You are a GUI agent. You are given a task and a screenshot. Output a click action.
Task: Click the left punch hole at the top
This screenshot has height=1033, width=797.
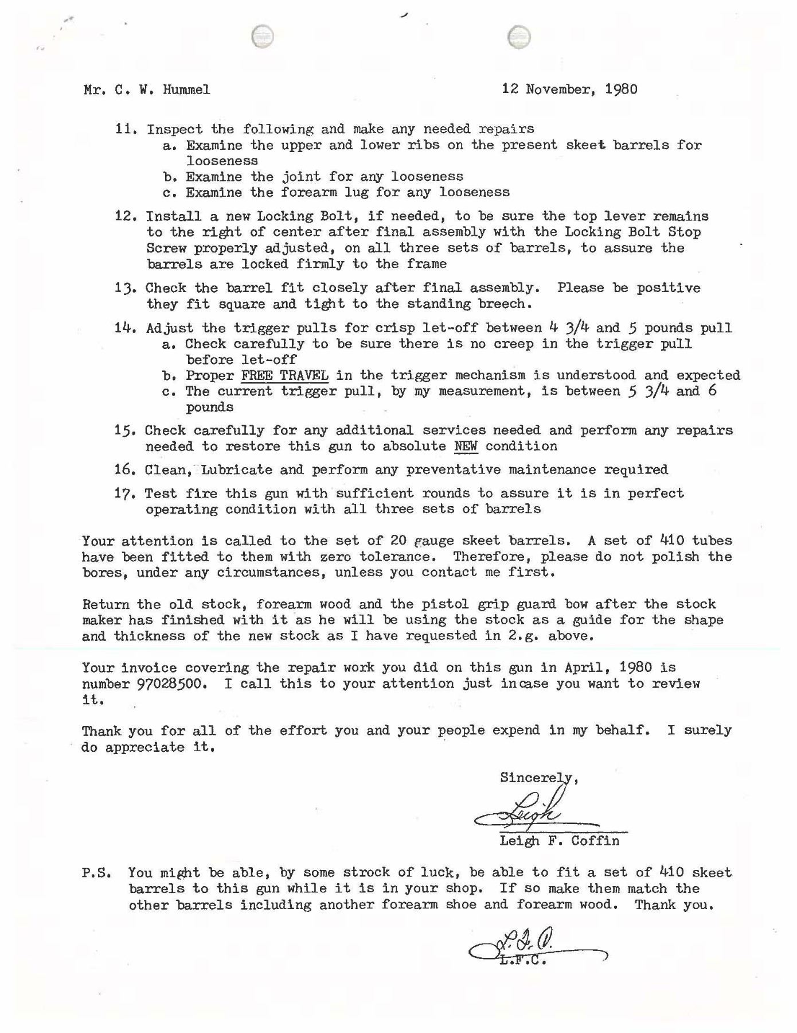coord(263,37)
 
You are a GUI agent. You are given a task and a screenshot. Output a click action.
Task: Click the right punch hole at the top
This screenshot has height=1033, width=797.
coord(519,37)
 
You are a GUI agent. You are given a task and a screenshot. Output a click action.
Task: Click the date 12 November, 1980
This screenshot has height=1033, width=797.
coord(569,89)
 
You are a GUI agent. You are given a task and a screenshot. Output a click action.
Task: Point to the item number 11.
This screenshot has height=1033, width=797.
coord(124,129)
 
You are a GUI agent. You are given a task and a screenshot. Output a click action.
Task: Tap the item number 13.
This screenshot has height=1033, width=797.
coord(124,288)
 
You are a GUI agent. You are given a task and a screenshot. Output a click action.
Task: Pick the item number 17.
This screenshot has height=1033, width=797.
coord(124,494)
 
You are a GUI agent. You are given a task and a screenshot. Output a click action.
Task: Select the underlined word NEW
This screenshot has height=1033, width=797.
coord(466,446)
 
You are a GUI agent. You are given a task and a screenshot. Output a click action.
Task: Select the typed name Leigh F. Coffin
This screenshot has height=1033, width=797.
coord(559,841)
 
